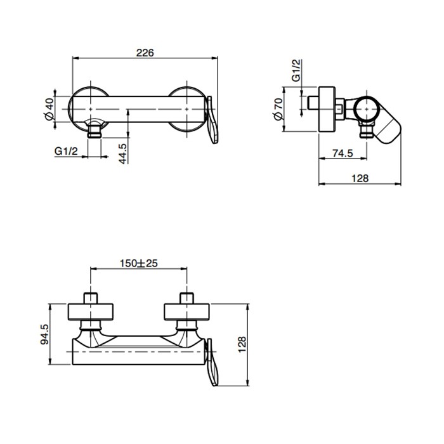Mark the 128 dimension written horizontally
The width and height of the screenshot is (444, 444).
359,179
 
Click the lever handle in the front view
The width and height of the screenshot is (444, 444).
212,121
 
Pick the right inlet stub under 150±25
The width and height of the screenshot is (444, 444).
186,299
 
